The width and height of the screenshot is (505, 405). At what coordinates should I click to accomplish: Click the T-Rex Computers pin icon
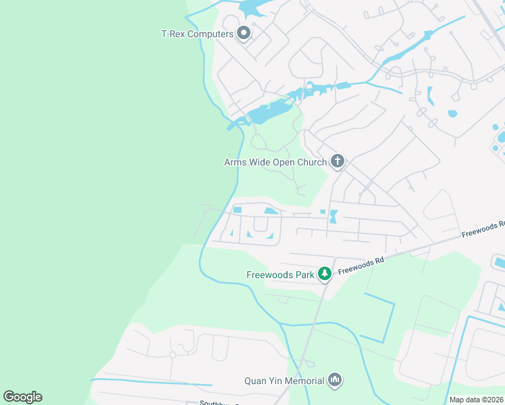[244, 33]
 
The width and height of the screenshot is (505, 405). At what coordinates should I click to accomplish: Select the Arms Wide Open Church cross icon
[338, 161]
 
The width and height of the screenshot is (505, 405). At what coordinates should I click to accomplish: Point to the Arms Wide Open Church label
[275, 162]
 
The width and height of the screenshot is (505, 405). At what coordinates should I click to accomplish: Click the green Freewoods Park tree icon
[325, 273]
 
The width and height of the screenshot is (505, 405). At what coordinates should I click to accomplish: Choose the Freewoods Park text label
[281, 275]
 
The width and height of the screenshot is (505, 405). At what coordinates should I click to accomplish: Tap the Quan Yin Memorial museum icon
[335, 381]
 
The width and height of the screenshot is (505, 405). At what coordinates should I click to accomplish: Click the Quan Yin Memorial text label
[284, 381]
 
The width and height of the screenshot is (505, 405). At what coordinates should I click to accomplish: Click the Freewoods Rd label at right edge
[483, 230]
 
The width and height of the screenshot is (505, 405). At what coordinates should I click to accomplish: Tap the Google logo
[22, 397]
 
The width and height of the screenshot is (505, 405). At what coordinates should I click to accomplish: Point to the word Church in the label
[311, 162]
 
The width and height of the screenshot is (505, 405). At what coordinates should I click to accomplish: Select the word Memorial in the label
[304, 381]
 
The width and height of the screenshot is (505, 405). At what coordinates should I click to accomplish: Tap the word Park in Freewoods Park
[304, 275]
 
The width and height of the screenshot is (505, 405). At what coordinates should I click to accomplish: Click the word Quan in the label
[255, 381]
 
